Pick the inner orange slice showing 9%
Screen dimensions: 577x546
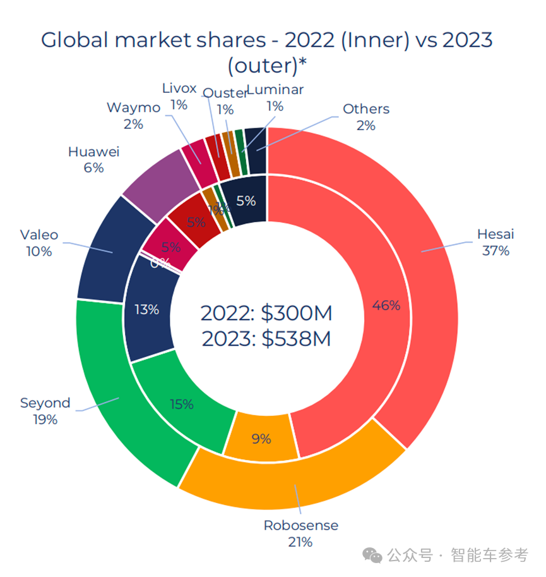pos(261,436)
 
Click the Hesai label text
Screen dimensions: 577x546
pos(496,234)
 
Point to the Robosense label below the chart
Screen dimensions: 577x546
pos(300,525)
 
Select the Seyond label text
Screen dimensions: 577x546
pos(45,403)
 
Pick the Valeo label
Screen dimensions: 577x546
pos(39,235)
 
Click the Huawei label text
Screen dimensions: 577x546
pos(93,152)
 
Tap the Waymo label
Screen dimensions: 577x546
pos(133,107)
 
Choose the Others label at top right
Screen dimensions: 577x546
pos(366,109)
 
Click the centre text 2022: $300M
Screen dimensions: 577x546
pos(266,313)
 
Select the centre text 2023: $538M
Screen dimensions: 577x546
pos(266,339)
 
